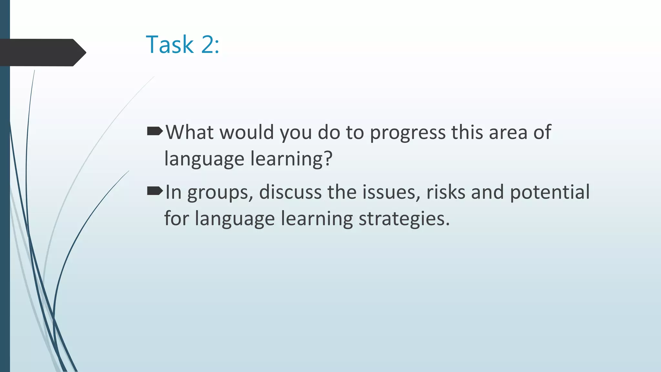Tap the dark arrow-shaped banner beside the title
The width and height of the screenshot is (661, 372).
pyautogui.click(x=42, y=52)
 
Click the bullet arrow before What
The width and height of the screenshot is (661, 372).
pyautogui.click(x=155, y=131)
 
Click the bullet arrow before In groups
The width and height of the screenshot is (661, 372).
pyautogui.click(x=155, y=191)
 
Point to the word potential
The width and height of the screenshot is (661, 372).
pyautogui.click(x=550, y=193)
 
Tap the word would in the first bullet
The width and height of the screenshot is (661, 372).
pyautogui.click(x=247, y=132)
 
